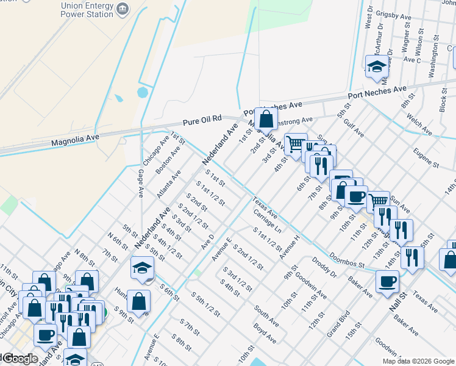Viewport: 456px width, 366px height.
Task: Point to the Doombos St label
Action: (346, 260)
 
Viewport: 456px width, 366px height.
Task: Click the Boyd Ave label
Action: (265, 334)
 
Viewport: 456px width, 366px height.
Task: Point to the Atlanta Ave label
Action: (169, 181)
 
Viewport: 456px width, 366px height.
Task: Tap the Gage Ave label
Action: (140, 183)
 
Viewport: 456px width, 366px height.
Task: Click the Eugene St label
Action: (426, 157)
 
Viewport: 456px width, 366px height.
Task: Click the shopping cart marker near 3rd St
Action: (296, 145)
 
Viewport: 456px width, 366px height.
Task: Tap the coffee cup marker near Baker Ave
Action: (387, 282)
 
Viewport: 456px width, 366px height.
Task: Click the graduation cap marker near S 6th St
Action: (141, 268)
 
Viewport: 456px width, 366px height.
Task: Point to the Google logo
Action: (18, 359)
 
